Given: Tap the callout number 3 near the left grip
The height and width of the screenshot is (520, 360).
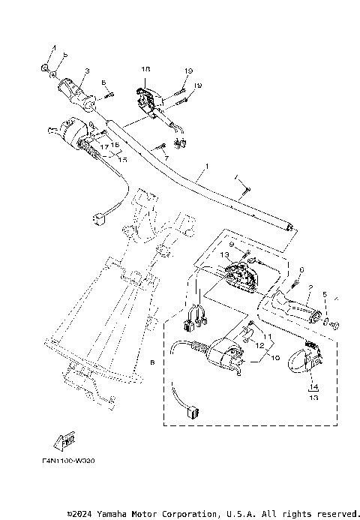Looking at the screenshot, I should pos(87,71).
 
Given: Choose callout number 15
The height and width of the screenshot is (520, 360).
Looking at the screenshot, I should pos(123,160).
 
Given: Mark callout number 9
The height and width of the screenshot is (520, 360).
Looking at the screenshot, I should pos(232,245).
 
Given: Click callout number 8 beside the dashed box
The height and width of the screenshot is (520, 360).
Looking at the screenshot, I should pos(153,362).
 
